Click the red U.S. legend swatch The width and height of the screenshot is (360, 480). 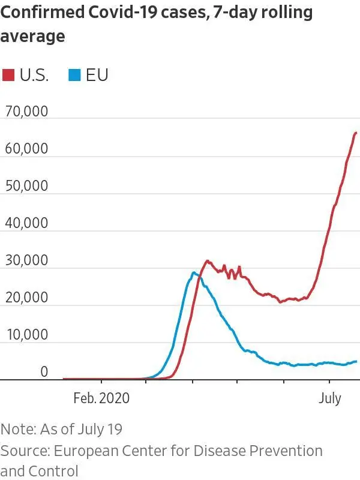pyautogui.click(x=8, y=75)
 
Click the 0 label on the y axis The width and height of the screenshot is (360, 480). pyautogui.click(x=44, y=372)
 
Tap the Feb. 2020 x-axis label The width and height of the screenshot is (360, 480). pyautogui.click(x=101, y=398)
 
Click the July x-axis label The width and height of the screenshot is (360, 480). pyautogui.click(x=329, y=398)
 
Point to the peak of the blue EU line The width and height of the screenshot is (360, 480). pyautogui.click(x=193, y=273)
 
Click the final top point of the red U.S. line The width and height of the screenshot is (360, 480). pyautogui.click(x=356, y=133)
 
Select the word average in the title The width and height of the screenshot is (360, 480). pyautogui.click(x=33, y=37)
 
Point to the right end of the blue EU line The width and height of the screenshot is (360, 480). pyautogui.click(x=356, y=361)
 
